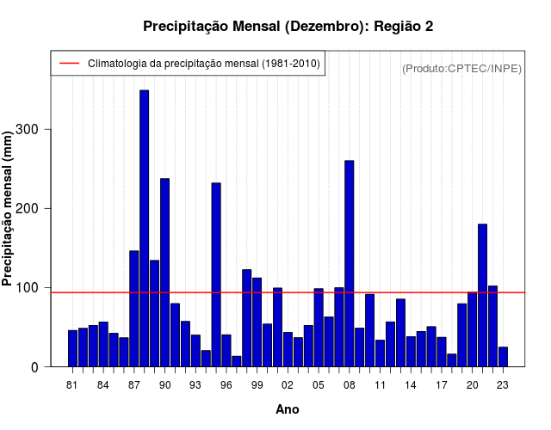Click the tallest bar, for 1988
click(x=145, y=228)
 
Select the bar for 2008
click(x=350, y=263)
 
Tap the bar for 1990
click(x=164, y=273)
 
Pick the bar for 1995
click(x=216, y=275)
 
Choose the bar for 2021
click(x=483, y=295)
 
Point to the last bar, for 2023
click(x=503, y=357)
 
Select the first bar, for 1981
click(x=72, y=348)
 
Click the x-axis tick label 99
click(x=257, y=384)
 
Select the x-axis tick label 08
click(x=350, y=384)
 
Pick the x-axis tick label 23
click(x=503, y=384)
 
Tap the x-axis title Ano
click(x=288, y=409)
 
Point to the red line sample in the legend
click(x=68, y=64)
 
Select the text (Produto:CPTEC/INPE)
click(x=461, y=68)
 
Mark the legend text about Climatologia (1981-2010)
click(x=204, y=64)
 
